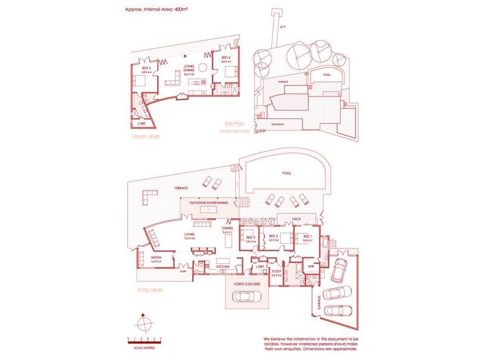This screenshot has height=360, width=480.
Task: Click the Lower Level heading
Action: click(x=145, y=136)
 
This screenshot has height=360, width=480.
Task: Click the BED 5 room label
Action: click(x=146, y=68)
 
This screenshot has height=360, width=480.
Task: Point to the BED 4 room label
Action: click(x=226, y=58)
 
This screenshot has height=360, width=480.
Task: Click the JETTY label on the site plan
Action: click(x=283, y=27)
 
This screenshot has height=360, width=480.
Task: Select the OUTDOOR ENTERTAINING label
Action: click(x=208, y=203)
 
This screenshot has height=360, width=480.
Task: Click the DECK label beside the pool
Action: click(x=296, y=219)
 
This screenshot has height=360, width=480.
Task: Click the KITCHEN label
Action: click(x=215, y=266)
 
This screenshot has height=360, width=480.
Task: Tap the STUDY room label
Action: click(x=276, y=271)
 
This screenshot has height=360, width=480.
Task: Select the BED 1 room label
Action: click(x=308, y=237)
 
